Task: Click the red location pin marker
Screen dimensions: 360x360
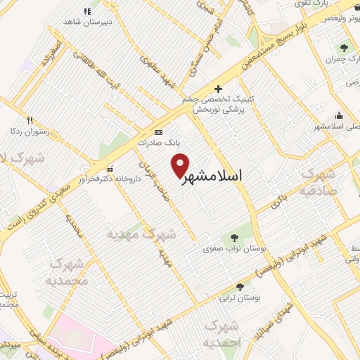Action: click(x=181, y=165)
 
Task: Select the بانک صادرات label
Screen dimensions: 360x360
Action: click(x=157, y=142)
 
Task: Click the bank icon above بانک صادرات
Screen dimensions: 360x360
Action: click(x=158, y=132)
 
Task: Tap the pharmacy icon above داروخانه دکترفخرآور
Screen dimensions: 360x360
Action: click(x=110, y=169)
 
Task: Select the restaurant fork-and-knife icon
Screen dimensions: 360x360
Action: click(x=30, y=120)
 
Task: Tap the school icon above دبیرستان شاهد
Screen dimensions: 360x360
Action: click(x=88, y=11)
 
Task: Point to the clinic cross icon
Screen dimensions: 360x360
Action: click(x=219, y=89)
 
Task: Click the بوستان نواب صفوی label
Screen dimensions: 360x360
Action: click(x=229, y=248)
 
